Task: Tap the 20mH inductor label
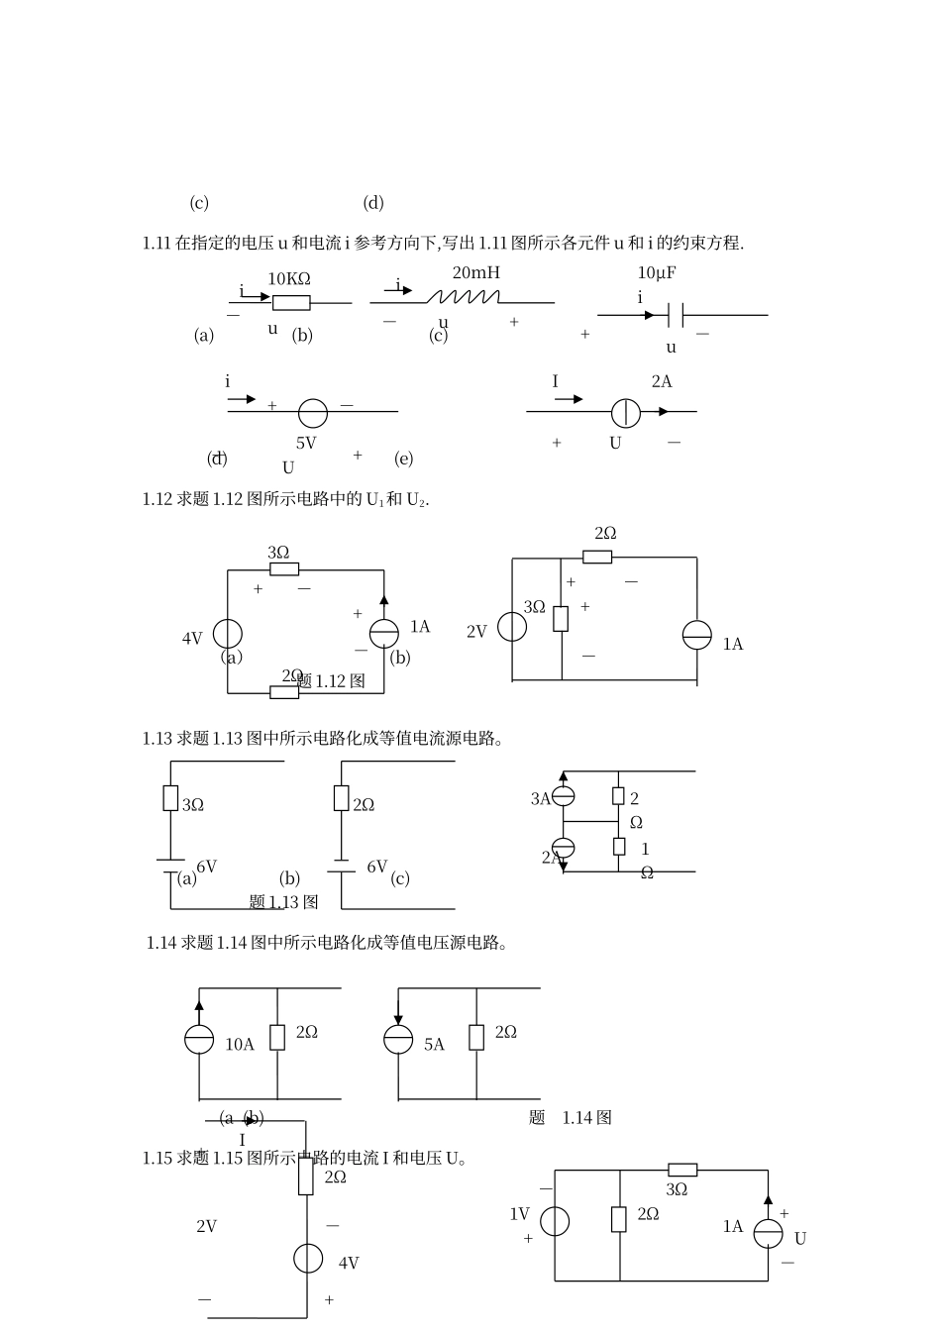click(476, 272)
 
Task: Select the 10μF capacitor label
click(658, 272)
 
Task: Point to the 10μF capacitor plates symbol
click(677, 315)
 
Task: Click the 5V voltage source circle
click(312, 411)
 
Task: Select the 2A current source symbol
click(626, 411)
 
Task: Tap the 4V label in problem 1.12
click(192, 639)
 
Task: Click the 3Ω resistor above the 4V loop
click(284, 569)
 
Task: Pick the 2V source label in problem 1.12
click(476, 632)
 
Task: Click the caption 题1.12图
click(331, 681)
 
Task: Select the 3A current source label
click(541, 798)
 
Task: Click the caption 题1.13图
click(284, 901)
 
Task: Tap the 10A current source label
click(240, 1044)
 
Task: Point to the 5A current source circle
click(398, 1038)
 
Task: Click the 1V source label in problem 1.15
click(520, 1214)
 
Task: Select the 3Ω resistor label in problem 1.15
click(677, 1189)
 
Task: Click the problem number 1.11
click(157, 243)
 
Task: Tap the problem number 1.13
click(157, 738)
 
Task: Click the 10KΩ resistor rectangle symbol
click(291, 303)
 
